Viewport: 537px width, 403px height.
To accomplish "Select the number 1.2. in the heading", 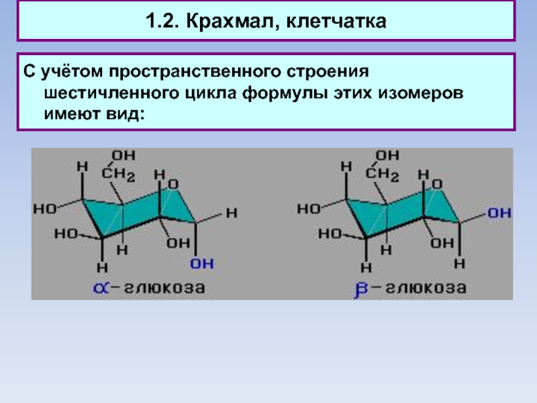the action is pyautogui.click(x=164, y=23).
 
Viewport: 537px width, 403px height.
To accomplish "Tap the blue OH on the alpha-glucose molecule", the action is pyautogui.click(x=201, y=263).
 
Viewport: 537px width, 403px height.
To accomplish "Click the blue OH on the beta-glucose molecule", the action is pyautogui.click(x=498, y=213).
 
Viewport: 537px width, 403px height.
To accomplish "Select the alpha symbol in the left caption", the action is pyautogui.click(x=101, y=289).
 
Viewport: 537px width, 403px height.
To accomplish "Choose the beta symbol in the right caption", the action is pyautogui.click(x=360, y=290).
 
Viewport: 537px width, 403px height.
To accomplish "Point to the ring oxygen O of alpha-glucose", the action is pyautogui.click(x=173, y=183).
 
